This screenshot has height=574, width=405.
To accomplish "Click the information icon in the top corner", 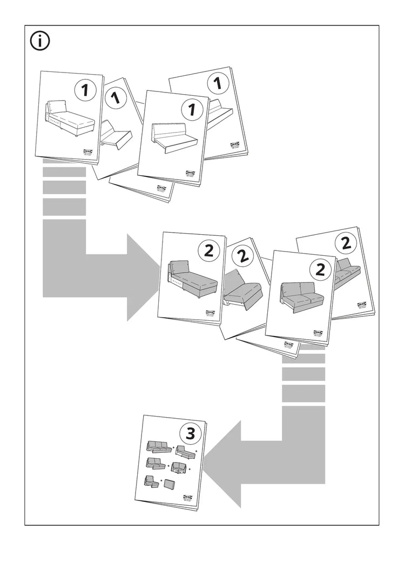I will (x=40, y=42).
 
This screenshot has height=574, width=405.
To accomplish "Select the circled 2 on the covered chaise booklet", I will (x=208, y=250).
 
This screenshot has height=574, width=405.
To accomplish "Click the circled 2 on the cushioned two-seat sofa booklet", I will (x=320, y=268).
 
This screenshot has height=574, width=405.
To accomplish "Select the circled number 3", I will (x=190, y=433).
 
